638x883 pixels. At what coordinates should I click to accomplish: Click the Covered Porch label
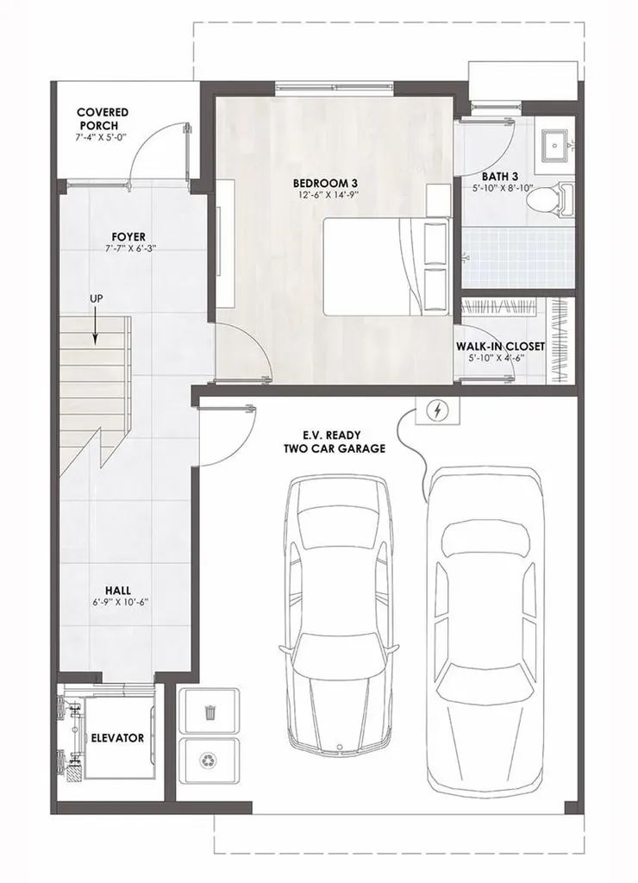tap(103, 118)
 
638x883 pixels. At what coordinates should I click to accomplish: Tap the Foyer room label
tap(128, 236)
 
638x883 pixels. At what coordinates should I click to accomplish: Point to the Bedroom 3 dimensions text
tap(325, 195)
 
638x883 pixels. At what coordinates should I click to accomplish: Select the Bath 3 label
tap(499, 177)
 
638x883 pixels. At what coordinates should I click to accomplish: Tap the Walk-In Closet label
tap(500, 346)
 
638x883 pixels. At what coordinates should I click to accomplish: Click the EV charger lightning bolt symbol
tap(436, 411)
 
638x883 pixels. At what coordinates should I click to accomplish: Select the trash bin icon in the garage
tap(210, 712)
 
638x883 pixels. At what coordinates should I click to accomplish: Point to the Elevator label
tap(118, 738)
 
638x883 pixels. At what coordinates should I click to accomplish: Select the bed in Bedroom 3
tap(387, 266)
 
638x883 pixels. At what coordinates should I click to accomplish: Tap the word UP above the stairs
tap(96, 298)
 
